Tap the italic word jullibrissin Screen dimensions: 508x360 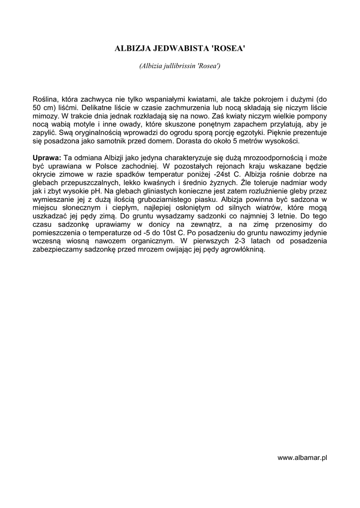point(179,66)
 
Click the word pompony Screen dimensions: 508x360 point(311,116)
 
